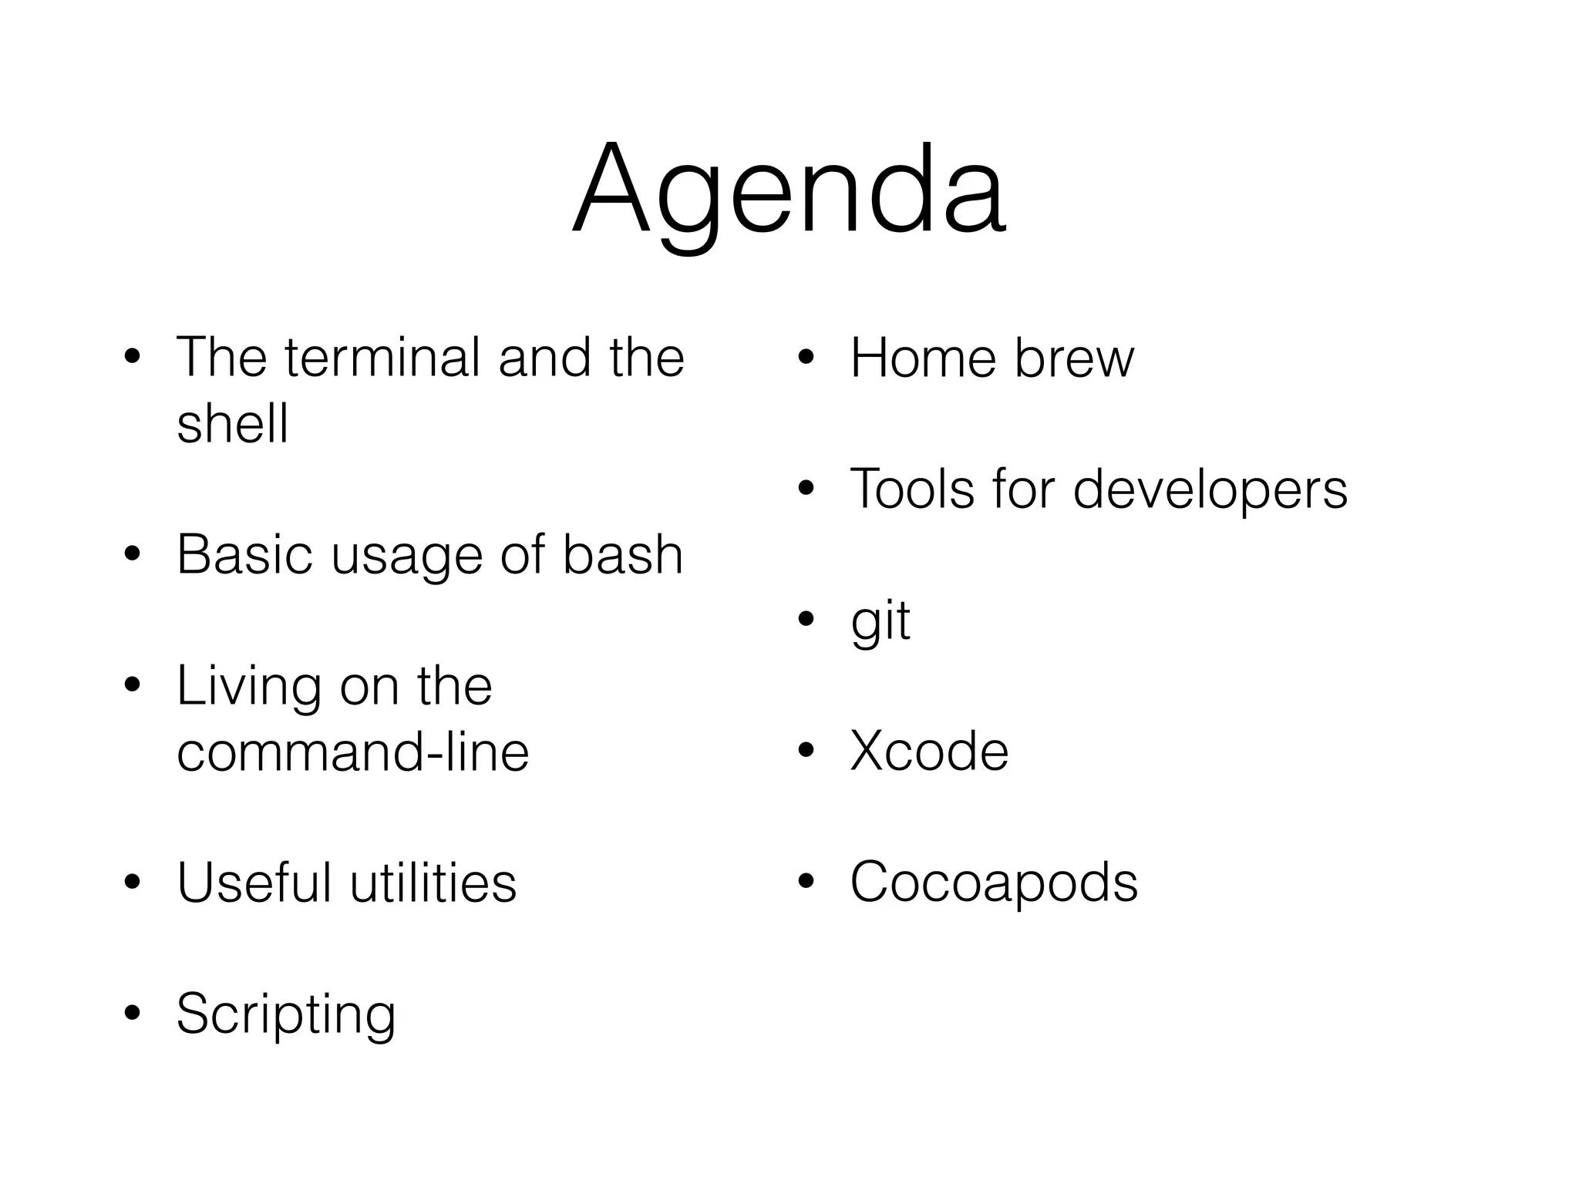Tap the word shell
232,423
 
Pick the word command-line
352,752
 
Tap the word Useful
254,883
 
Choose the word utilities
433,883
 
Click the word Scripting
285,1014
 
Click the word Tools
912,489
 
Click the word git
880,621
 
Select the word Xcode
929,752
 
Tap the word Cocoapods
993,883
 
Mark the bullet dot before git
806,619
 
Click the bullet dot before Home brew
806,358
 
